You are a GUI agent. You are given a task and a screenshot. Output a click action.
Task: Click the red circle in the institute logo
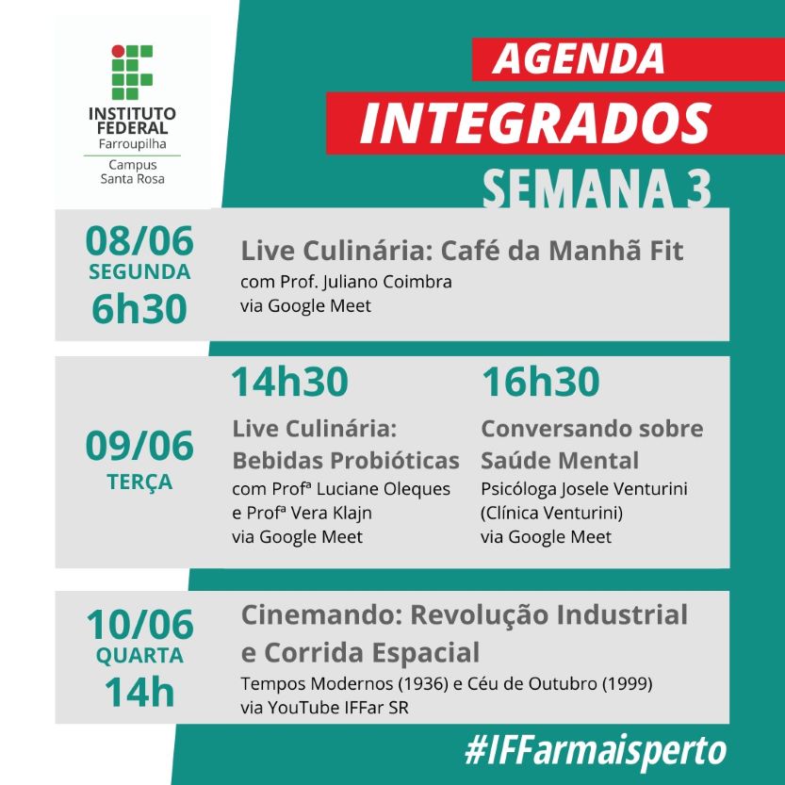(118, 51)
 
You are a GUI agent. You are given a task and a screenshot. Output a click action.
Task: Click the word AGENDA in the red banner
(579, 58)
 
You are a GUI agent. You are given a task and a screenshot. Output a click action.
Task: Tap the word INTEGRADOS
(535, 123)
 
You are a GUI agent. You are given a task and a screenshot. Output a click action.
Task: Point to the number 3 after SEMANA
(698, 188)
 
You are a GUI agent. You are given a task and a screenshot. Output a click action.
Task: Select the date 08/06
(139, 241)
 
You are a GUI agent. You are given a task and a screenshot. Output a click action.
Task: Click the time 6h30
(139, 309)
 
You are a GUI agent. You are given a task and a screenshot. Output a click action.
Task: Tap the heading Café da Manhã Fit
(562, 251)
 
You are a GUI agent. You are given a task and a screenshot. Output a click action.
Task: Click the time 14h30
(289, 382)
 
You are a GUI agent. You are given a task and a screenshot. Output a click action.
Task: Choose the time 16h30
(541, 382)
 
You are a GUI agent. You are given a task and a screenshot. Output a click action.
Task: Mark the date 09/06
(139, 446)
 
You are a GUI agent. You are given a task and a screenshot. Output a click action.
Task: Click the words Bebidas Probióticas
(346, 461)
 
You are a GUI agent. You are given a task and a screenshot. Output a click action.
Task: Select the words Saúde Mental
(560, 461)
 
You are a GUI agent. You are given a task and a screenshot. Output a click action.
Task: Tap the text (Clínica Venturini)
(551, 514)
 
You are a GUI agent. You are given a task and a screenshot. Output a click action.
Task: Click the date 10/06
(139, 624)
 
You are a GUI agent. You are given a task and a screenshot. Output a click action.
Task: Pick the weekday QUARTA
(139, 655)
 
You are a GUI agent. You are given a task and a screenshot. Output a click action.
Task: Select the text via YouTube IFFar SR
(324, 708)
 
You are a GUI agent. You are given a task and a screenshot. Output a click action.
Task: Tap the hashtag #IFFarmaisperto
(596, 750)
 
